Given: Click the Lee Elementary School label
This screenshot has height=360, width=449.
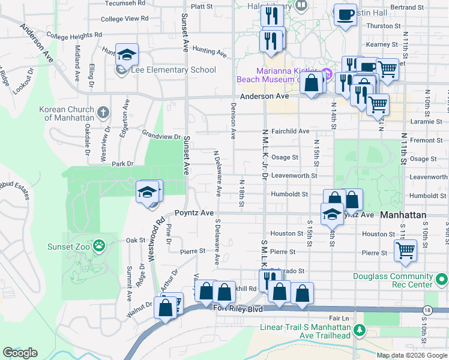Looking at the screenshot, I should click(173, 70).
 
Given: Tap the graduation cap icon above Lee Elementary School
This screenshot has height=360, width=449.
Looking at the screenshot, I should click(127, 55).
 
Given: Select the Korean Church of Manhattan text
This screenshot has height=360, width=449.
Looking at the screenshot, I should click(67, 113).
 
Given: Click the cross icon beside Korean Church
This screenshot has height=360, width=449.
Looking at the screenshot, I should click(103, 112).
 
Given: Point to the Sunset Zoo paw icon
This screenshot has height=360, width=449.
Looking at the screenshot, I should click(99, 245).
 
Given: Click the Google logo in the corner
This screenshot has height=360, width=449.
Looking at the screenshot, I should click(20, 353).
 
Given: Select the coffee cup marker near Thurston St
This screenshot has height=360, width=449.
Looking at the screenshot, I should click(345, 14).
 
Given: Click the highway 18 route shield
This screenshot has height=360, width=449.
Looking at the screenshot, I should click(426, 310).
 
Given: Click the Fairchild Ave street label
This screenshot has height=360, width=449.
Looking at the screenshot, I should click(290, 131).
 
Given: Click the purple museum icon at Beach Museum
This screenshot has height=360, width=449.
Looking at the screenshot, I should click(327, 75).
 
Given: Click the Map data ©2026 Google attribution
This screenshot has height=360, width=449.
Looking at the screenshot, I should click(412, 355).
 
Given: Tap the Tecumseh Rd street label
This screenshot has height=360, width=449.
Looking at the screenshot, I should click(126, 3).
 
